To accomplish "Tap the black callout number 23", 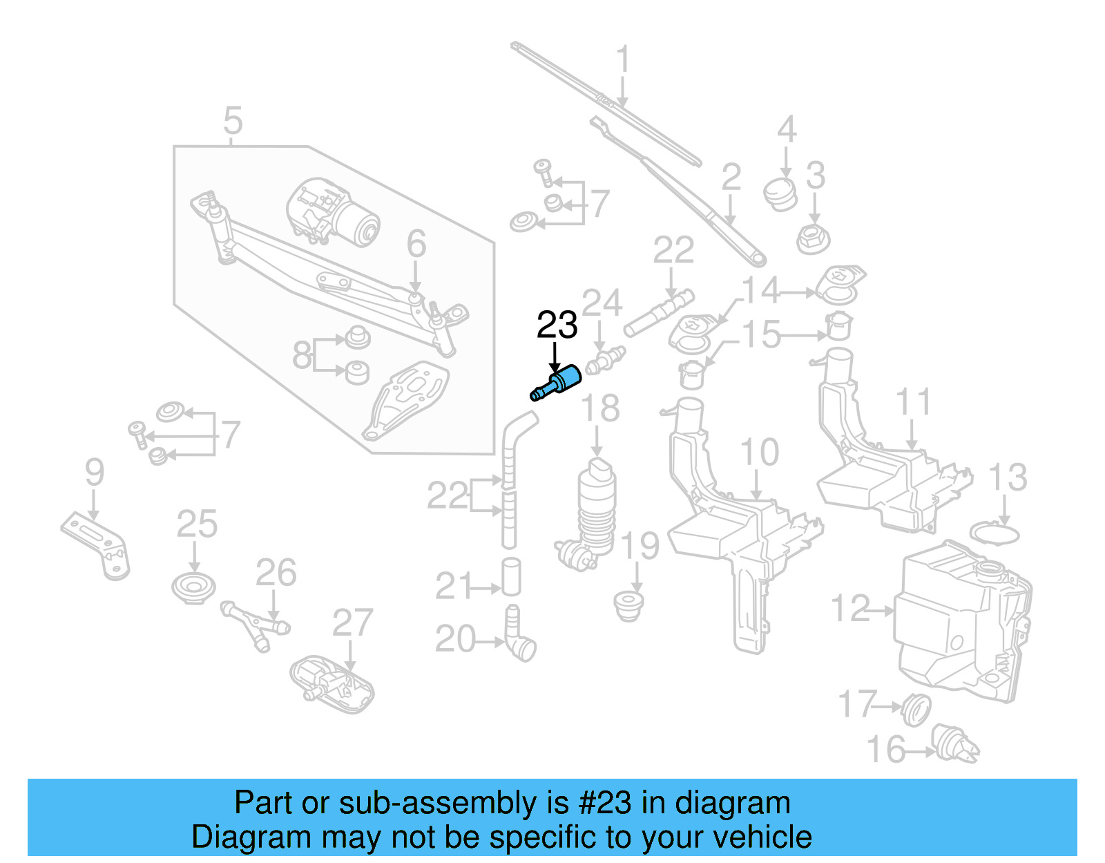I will (557, 325).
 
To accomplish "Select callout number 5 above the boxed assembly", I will (233, 121).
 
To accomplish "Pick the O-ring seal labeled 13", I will (995, 534).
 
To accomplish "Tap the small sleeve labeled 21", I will (511, 577).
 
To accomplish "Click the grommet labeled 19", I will (628, 605).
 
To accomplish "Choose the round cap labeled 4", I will (781, 193).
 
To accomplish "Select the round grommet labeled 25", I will (193, 588).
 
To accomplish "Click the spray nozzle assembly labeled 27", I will (331, 684).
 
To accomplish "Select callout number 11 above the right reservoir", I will (913, 402).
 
